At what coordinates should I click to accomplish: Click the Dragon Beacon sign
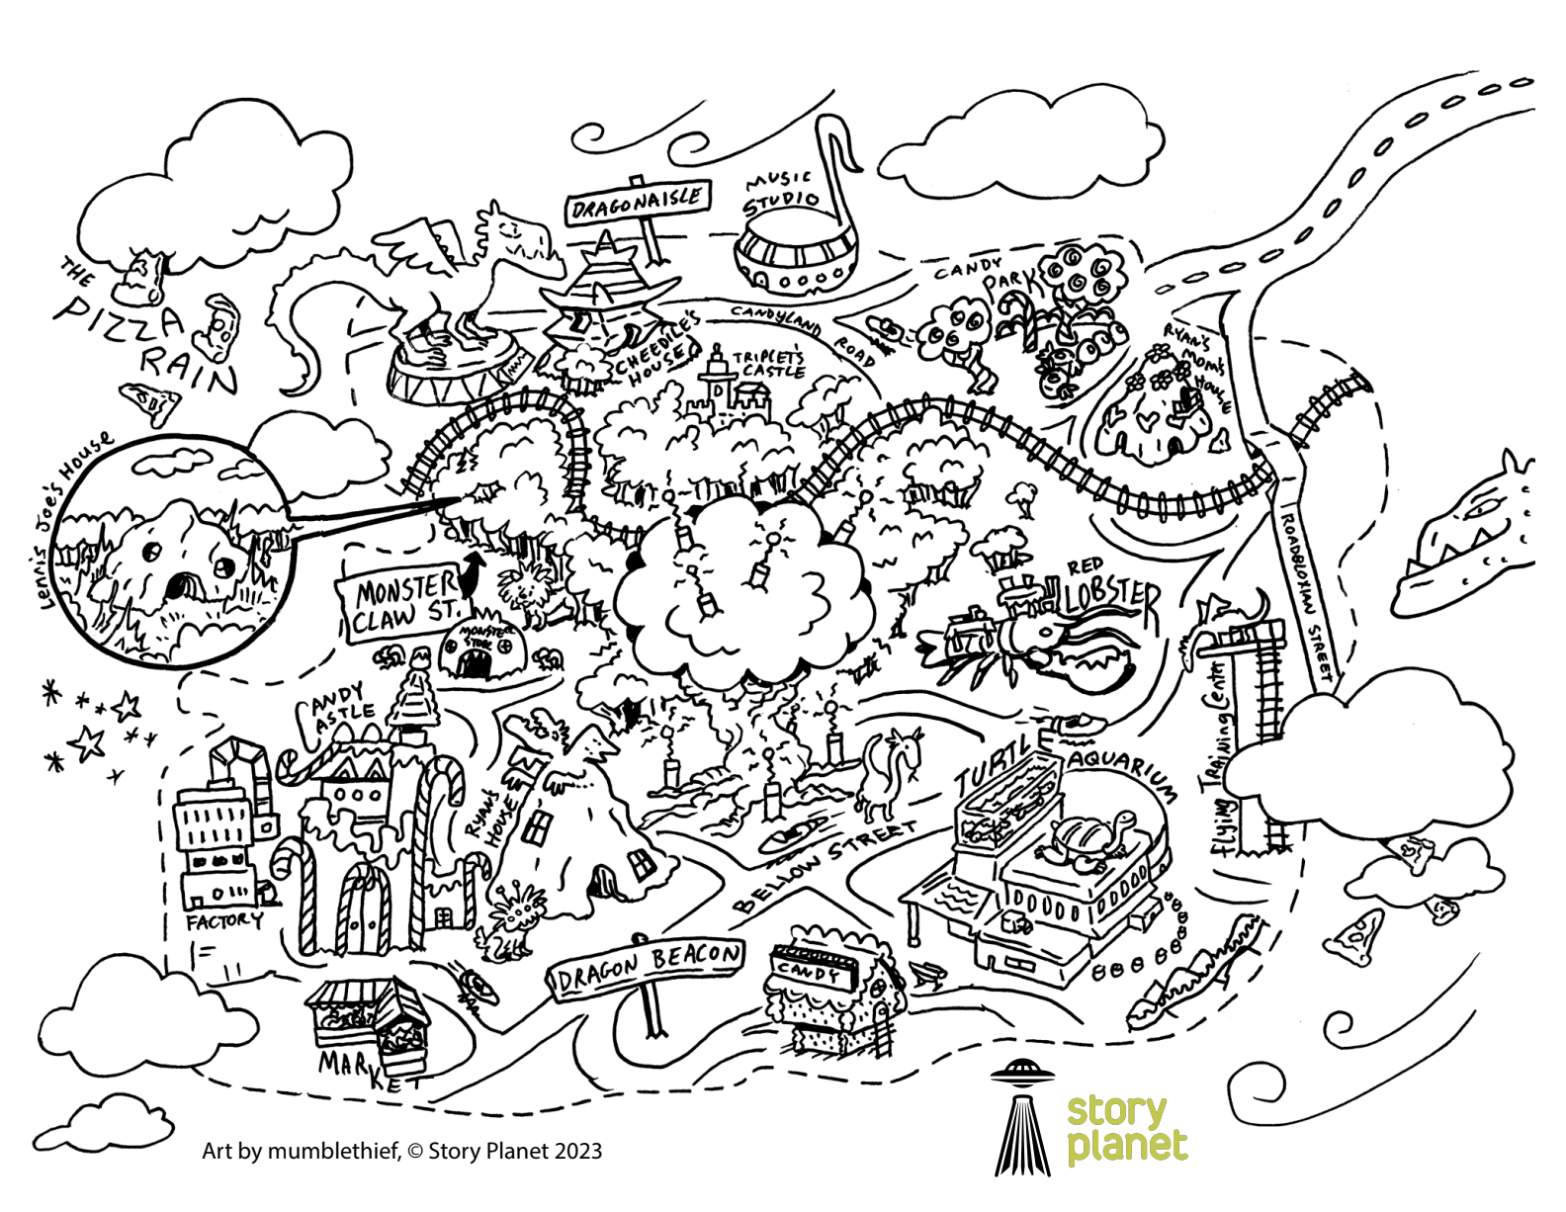648,967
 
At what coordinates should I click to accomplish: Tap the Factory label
225,921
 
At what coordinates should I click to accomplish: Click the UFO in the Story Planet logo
1022,1071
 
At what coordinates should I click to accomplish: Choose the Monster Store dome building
478,649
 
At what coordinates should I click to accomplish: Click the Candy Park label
990,276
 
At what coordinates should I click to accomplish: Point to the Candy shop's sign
810,970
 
